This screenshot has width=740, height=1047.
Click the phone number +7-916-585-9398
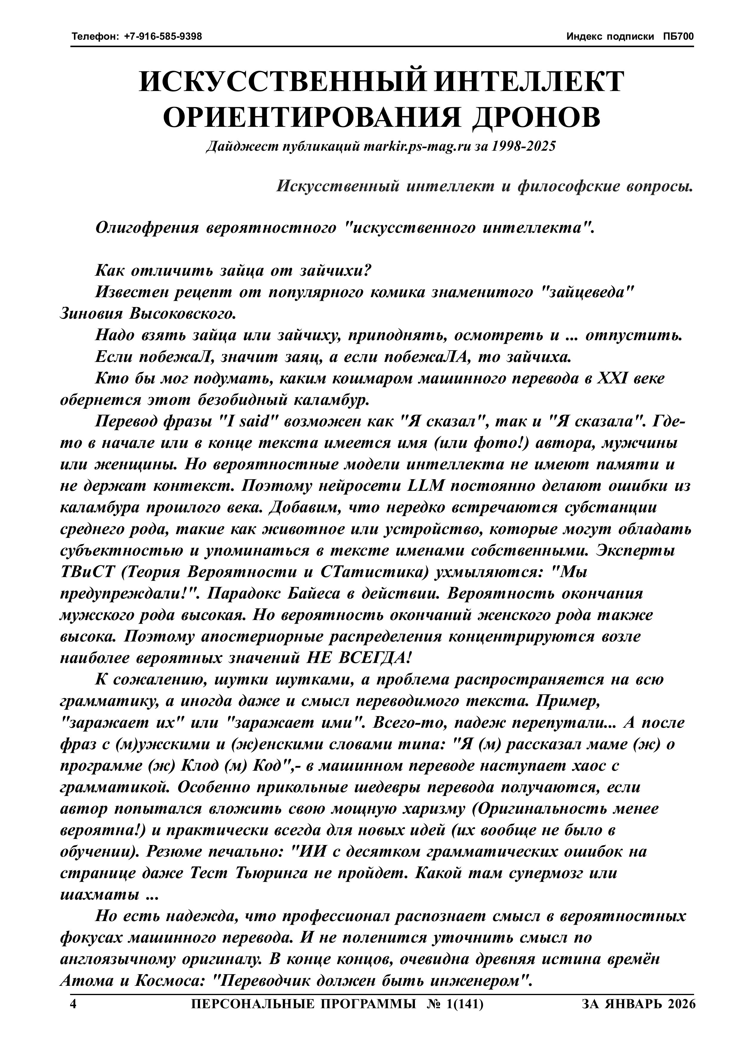(x=163, y=36)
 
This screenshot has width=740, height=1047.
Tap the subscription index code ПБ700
(x=679, y=36)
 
